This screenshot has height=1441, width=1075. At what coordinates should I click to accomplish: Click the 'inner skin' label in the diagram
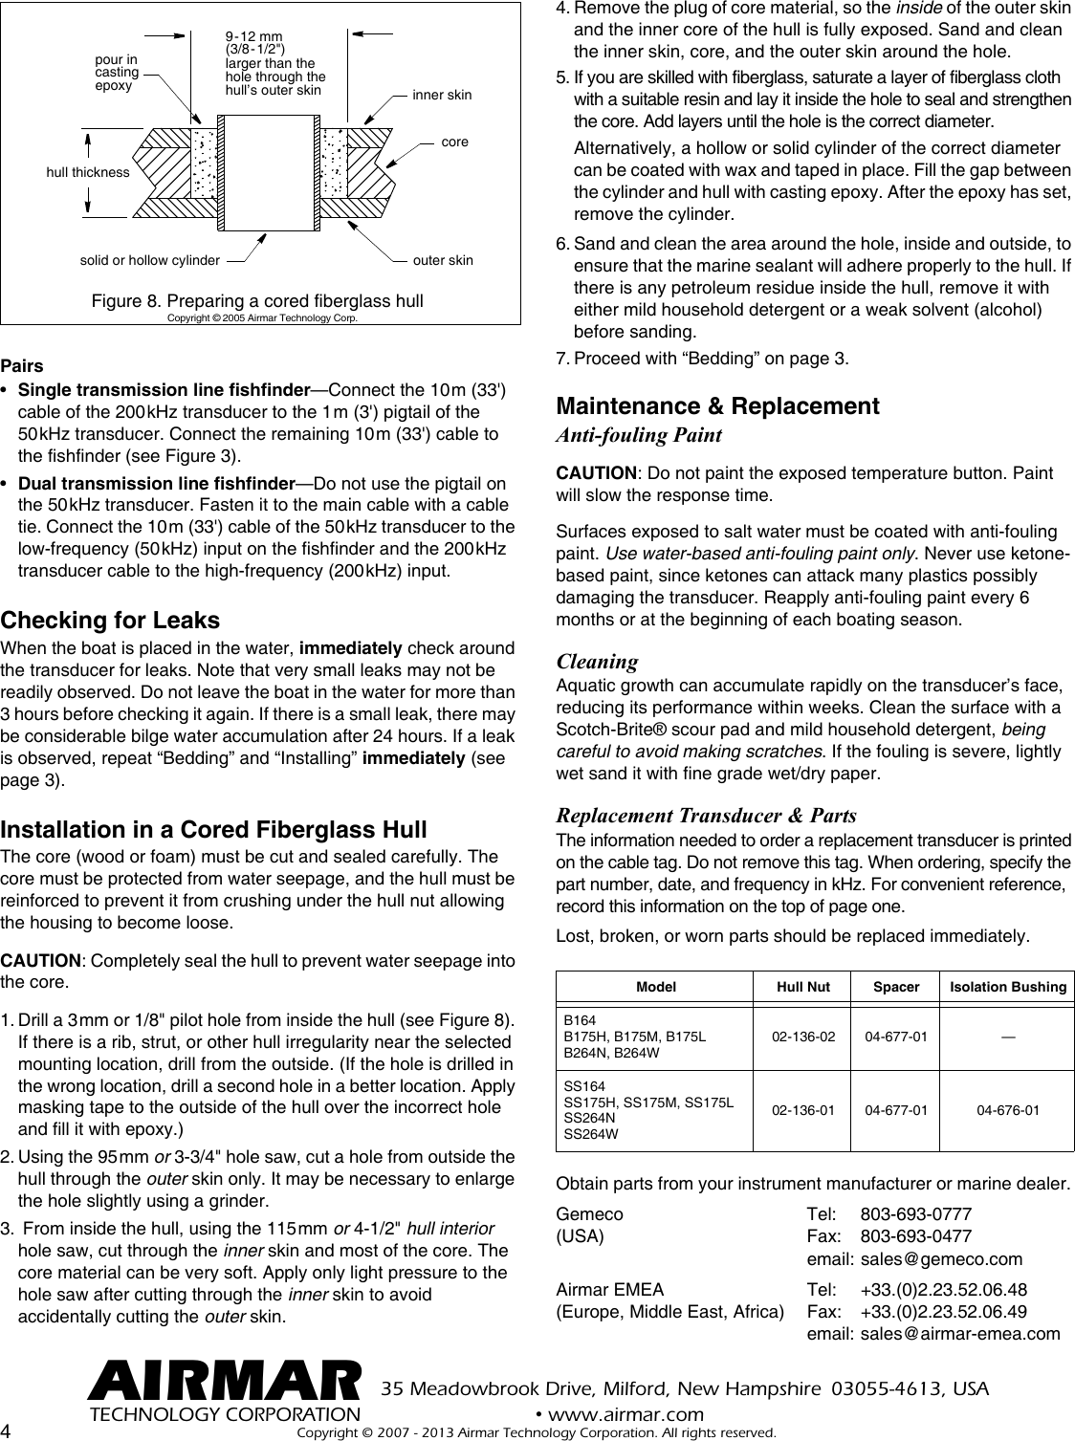click(442, 96)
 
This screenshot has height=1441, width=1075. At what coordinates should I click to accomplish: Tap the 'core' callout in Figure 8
click(455, 142)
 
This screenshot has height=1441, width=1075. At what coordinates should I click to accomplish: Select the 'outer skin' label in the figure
click(443, 260)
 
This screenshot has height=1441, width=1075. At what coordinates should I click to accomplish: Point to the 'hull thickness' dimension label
click(88, 173)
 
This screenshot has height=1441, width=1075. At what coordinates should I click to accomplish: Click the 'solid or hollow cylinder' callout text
click(147, 260)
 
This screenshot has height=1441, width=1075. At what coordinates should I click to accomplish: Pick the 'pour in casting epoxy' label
click(118, 73)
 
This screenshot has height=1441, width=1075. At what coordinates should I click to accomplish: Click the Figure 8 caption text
click(257, 301)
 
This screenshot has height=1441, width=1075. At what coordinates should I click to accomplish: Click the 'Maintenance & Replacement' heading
click(717, 405)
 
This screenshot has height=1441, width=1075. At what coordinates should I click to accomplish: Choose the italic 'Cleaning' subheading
click(597, 661)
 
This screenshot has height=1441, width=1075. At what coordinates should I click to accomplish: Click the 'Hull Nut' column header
click(803, 986)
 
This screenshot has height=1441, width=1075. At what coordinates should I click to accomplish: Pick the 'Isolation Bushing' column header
click(1008, 986)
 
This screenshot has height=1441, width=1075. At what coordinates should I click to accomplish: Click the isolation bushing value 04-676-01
click(1008, 1110)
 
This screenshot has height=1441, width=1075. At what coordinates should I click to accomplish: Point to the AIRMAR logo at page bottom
click(225, 1384)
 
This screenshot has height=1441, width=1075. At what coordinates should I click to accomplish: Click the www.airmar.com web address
click(619, 1414)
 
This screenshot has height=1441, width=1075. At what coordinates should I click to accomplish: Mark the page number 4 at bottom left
click(8, 1430)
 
